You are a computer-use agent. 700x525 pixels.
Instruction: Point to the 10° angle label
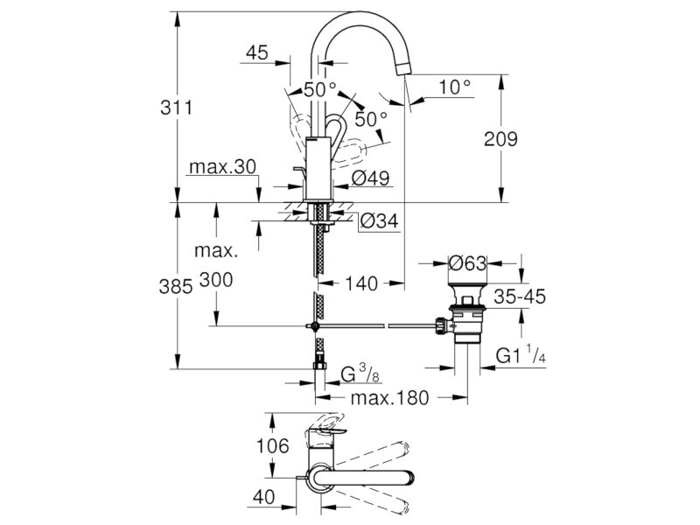(x=454, y=87)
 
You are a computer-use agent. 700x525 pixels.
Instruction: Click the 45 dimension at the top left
(x=256, y=54)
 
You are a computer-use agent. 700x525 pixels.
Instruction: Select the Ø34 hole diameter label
(x=379, y=222)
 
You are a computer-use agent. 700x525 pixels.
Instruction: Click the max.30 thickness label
(x=220, y=166)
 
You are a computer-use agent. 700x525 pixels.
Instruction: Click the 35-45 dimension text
(x=518, y=297)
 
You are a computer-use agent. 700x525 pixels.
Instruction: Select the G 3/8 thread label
(x=359, y=375)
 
